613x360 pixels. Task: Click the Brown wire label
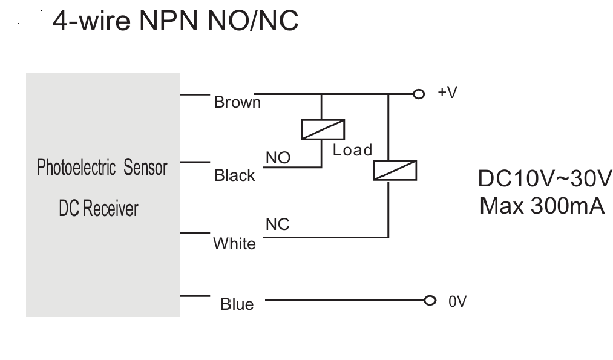237,102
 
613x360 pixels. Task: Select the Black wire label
235,175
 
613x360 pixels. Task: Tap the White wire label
235,243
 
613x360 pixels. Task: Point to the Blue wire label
237,304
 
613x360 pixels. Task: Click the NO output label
278,158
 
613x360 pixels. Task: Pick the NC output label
278,224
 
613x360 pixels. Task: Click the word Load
352,150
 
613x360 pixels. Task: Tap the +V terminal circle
419,94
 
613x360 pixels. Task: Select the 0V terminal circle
430,301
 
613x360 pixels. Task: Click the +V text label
448,92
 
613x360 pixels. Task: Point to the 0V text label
457,302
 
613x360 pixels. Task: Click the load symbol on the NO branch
323,129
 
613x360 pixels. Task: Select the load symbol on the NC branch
395,171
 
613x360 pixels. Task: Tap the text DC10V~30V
545,178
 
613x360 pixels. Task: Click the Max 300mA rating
542,206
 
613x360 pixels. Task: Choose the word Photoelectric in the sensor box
76,168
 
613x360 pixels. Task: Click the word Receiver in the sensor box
111,208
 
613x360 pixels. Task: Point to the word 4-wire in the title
91,21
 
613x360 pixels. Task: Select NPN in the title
168,21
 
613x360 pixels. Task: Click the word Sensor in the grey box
145,168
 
